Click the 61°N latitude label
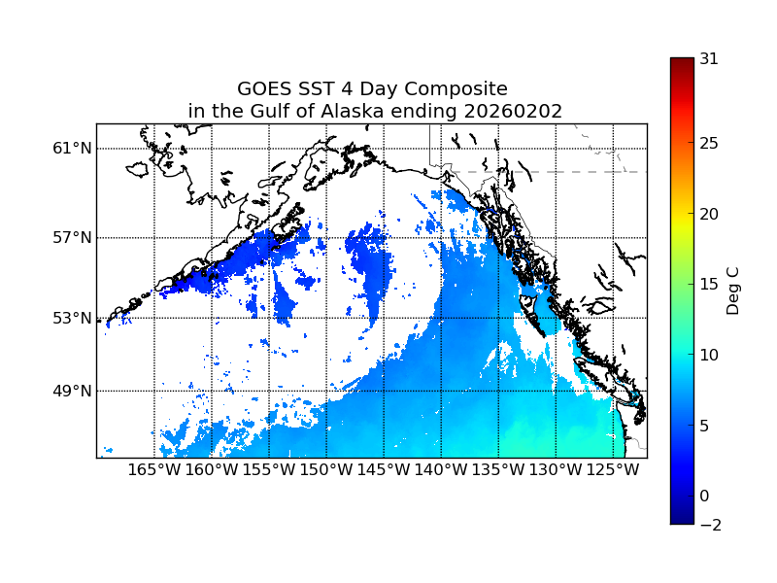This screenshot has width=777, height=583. point(72,149)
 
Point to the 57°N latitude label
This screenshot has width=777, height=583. point(72,238)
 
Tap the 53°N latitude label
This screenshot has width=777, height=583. point(72,318)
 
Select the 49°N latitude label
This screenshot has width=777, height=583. point(72,391)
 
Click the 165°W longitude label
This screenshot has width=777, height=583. point(154,470)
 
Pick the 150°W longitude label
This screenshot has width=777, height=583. point(326,470)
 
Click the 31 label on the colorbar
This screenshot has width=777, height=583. point(709,58)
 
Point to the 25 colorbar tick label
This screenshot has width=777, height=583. point(709,144)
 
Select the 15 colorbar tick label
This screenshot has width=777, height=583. point(709,285)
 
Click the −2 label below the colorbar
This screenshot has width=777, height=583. point(709,525)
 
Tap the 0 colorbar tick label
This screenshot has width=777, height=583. point(705,497)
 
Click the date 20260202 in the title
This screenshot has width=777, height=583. point(514,112)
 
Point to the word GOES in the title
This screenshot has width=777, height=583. point(264,89)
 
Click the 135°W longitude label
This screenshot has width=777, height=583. point(498,470)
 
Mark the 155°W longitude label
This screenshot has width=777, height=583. point(269,470)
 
